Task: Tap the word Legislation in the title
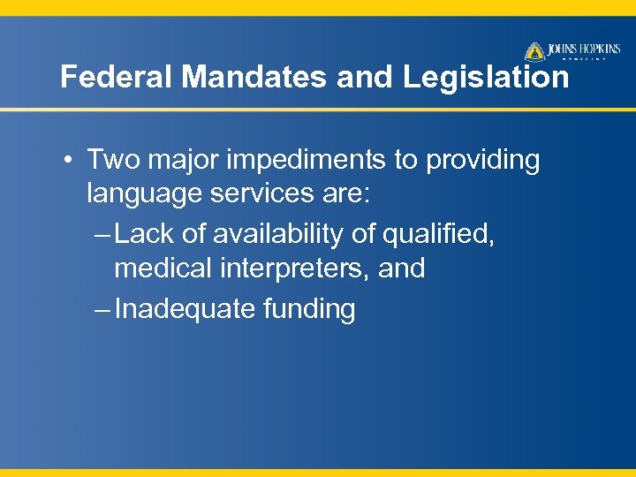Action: [x=487, y=78]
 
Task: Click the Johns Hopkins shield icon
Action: [x=534, y=51]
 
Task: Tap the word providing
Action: [x=483, y=161]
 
